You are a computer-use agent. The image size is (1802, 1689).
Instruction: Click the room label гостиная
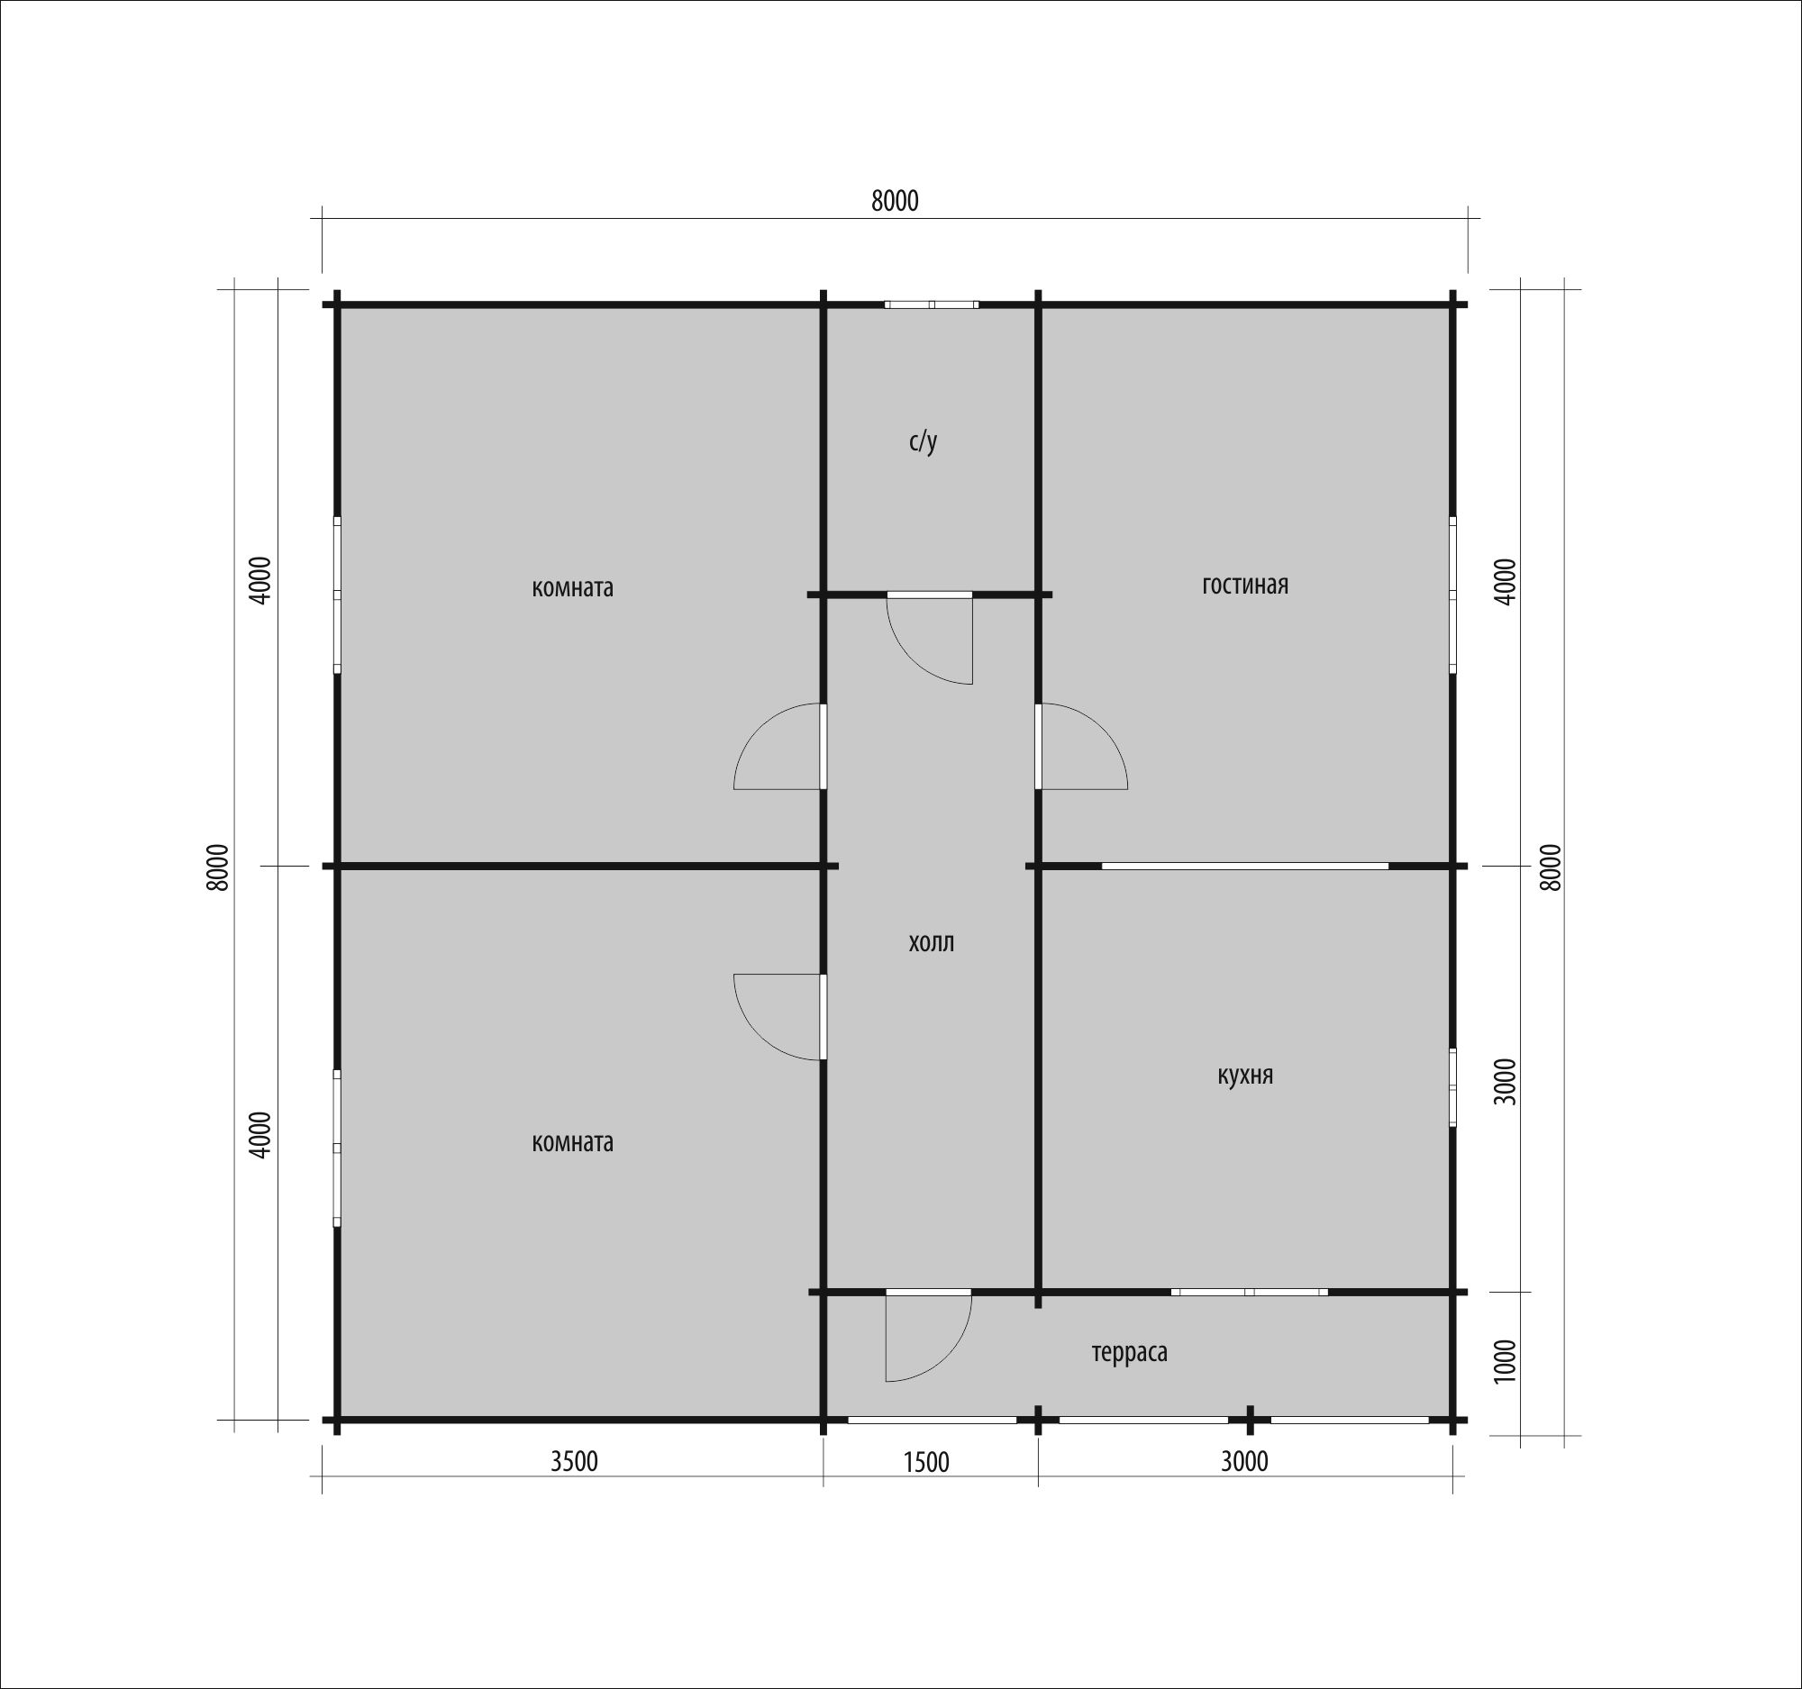point(1244,586)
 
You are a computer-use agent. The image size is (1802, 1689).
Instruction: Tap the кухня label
point(1244,1076)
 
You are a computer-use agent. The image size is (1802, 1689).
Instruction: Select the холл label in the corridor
point(931,943)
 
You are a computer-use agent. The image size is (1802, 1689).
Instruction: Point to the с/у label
point(923,442)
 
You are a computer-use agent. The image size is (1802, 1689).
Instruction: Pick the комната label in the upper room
point(572,588)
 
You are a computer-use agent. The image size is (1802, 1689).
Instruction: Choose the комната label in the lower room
point(572,1142)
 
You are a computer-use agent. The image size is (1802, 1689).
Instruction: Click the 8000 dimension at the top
point(895,201)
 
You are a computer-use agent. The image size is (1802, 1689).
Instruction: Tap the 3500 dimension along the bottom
point(575,1462)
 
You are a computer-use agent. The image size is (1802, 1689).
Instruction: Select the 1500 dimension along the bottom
point(926,1463)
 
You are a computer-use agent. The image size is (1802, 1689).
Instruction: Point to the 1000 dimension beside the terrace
point(1505,1361)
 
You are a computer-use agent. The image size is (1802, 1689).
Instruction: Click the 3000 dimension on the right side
point(1505,1081)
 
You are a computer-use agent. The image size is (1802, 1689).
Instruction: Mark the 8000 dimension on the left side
point(217,867)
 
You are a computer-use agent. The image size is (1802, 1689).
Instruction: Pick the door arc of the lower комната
point(759,1035)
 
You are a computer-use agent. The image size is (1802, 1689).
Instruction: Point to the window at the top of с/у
point(932,304)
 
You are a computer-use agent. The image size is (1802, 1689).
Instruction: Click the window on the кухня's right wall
point(1452,1087)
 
